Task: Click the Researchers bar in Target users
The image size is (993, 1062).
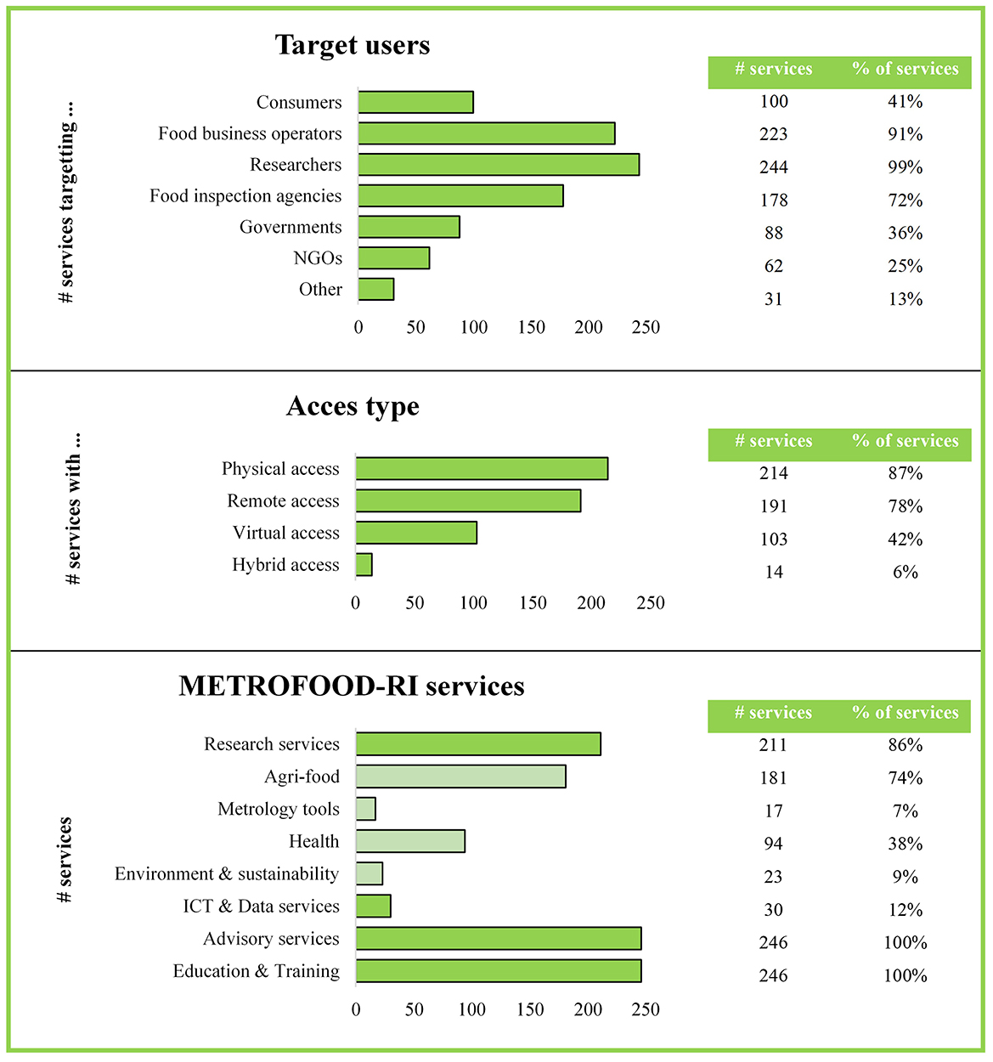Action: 499,164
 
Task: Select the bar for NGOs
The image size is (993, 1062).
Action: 393,257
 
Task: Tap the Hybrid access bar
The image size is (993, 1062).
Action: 364,565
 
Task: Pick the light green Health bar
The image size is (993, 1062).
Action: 410,841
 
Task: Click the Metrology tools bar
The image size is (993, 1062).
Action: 365,809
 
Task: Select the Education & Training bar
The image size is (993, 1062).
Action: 499,971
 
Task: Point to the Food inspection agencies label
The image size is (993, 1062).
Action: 245,196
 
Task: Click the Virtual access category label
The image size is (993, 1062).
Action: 285,533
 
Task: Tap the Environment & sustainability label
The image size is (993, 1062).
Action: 227,874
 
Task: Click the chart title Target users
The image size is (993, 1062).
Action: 353,45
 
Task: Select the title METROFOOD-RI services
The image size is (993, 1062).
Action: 352,686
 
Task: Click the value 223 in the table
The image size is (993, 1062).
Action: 773,134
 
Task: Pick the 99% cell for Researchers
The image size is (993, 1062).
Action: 905,167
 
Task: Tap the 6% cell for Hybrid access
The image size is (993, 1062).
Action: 905,573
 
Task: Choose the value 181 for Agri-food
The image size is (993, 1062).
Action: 773,778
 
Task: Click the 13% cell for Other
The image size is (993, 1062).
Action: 905,299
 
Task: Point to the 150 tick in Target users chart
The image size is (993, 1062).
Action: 531,328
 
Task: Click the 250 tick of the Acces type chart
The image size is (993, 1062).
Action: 651,603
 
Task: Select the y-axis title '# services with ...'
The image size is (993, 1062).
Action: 74,509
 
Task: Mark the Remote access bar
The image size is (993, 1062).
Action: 468,501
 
